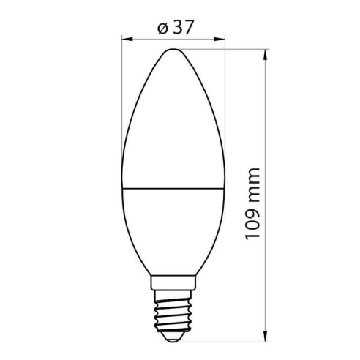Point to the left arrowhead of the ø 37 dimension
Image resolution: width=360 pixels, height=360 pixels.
click(124, 40)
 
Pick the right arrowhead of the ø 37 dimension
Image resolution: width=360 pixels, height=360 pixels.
click(220, 40)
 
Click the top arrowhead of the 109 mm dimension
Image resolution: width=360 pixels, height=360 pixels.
click(263, 53)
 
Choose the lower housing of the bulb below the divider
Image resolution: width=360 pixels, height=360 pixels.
click(171, 227)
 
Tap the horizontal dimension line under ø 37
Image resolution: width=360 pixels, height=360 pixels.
click(146, 40)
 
